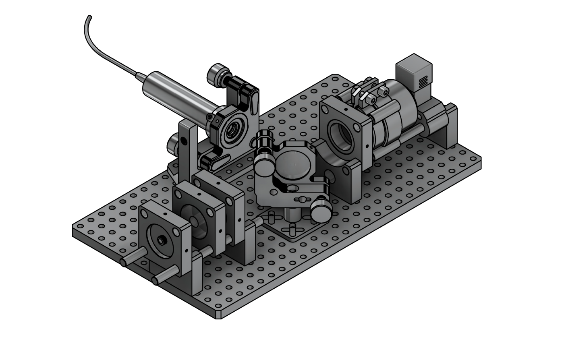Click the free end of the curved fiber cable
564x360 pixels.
pyautogui.click(x=89, y=17)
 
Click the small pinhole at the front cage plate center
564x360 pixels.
pyautogui.click(x=162, y=240)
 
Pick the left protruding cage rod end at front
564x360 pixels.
pyautogui.click(x=124, y=262)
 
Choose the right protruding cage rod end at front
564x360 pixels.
pyautogui.click(x=156, y=280)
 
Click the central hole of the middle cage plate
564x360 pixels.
pyautogui.click(x=196, y=219)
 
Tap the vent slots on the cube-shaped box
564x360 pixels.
pyautogui.click(x=423, y=83)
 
